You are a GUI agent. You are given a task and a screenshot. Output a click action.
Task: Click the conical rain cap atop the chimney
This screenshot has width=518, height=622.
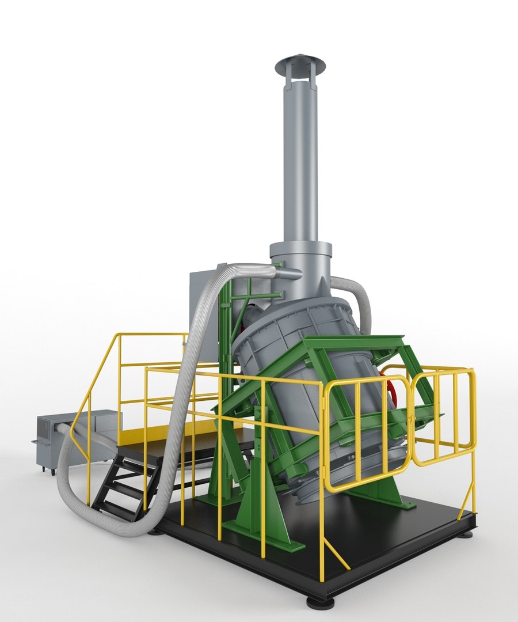coord(300,64)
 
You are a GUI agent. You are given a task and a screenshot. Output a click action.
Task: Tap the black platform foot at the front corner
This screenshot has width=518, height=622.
coord(320,602)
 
